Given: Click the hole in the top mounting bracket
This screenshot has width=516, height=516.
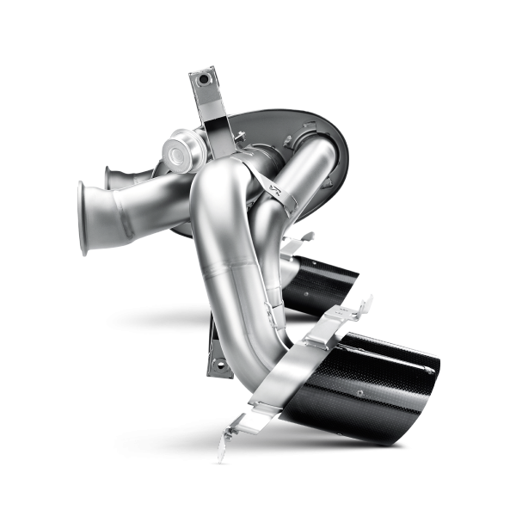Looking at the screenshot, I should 205,78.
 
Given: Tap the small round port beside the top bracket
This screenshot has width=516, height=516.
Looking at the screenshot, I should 181,156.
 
